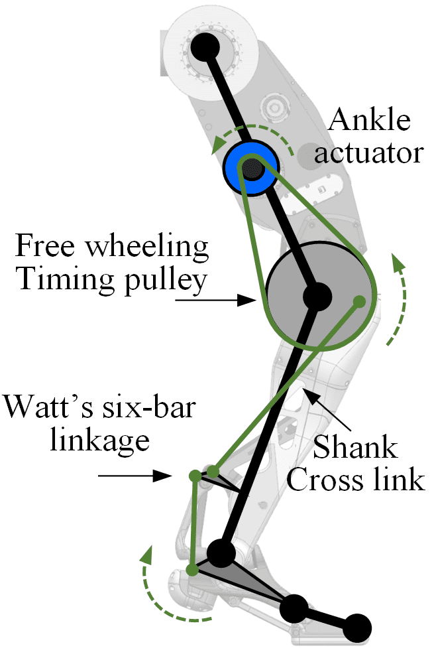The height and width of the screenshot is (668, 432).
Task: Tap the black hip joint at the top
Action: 205,47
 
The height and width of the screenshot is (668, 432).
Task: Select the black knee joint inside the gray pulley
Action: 317,297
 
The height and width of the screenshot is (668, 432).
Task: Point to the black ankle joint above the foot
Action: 221,553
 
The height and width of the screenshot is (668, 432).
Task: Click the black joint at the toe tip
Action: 357,628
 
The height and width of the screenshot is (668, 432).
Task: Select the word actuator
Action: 369,153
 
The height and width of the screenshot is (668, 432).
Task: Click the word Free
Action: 45,245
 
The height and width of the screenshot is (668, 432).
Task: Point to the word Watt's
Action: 48,407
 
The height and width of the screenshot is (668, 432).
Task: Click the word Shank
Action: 355,447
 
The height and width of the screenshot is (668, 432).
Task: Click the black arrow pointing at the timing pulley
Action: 216,300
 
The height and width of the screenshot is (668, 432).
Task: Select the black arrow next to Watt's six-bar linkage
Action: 135,475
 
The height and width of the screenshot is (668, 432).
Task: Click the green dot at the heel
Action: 192,570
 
